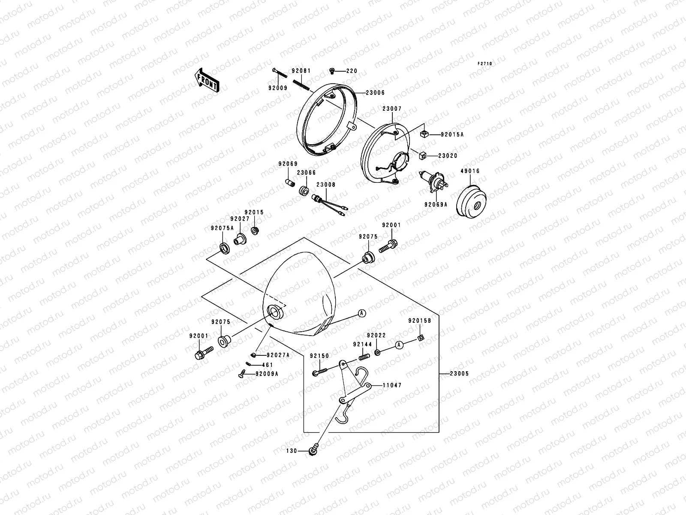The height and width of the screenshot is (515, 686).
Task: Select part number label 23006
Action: click(375, 93)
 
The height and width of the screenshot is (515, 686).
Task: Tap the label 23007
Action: click(391, 109)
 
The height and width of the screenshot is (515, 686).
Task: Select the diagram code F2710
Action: click(485, 64)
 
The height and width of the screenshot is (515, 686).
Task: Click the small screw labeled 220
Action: click(332, 71)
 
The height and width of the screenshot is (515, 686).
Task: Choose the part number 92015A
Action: click(452, 134)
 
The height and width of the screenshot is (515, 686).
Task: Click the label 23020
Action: click(448, 156)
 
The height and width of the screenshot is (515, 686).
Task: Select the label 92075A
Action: click(222, 228)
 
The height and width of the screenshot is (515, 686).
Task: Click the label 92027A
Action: click(278, 355)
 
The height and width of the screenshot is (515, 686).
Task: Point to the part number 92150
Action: click(319, 356)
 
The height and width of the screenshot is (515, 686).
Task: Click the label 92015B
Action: click(419, 321)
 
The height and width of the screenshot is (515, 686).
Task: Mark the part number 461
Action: click(267, 365)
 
